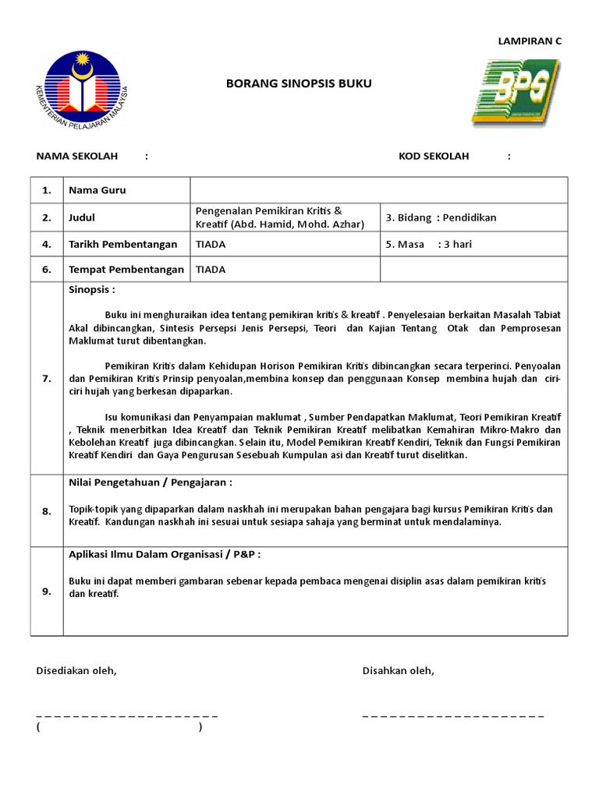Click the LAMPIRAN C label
point(530,41)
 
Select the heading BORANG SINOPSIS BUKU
point(288,83)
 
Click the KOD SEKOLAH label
point(434,156)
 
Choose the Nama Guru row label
point(97,190)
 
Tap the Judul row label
point(82,217)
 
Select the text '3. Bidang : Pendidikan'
point(441,217)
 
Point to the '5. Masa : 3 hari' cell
point(428,244)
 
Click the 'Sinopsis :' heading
point(92,289)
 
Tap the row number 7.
point(47,378)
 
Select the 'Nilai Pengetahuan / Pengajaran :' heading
point(150,482)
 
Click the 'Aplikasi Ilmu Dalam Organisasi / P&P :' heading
point(165,554)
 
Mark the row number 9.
point(47,591)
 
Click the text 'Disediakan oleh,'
point(76,671)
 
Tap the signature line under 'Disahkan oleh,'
point(452,715)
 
